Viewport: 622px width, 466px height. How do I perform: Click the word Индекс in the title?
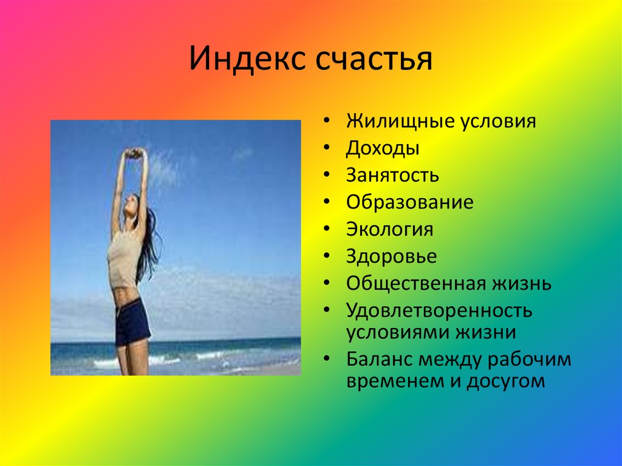point(246,60)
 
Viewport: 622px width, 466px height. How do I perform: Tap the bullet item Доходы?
point(383,149)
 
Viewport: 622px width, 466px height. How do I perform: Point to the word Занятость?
point(392,176)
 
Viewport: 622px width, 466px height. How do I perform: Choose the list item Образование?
point(409,202)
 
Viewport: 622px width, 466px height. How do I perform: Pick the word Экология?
point(390,230)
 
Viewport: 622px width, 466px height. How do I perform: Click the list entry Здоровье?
point(391,256)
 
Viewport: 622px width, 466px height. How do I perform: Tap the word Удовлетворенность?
point(440,310)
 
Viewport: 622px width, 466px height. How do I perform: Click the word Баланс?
point(380,359)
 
